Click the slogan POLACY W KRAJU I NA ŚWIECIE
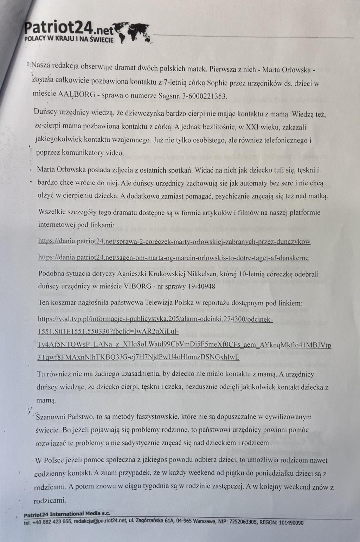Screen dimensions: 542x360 tap(69, 39)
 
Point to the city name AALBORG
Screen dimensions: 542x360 tap(76, 95)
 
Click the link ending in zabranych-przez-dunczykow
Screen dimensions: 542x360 tap(174, 241)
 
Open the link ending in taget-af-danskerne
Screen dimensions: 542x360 tap(173, 258)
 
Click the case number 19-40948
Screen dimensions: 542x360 tap(201, 286)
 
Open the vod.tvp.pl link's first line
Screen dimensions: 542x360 tap(155, 319)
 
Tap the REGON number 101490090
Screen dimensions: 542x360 tap(291, 522)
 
